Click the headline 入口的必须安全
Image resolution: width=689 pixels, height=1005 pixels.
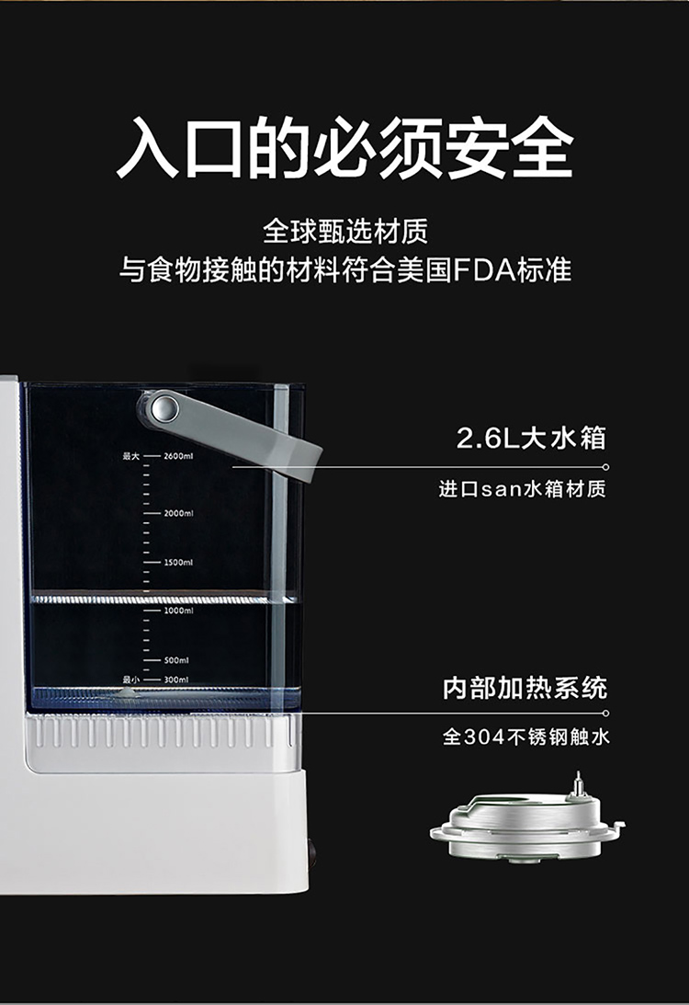pos(344,147)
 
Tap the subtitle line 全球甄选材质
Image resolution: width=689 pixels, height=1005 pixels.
pos(345,232)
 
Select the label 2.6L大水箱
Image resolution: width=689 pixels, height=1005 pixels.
pos(531,439)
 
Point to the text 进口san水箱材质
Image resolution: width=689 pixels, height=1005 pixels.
pos(522,489)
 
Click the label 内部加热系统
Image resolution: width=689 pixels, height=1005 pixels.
pos(525,688)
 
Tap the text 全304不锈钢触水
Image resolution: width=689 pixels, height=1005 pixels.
pos(526,737)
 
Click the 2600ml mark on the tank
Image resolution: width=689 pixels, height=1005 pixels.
pos(178,456)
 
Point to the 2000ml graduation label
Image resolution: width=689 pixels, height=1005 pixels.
pos(178,513)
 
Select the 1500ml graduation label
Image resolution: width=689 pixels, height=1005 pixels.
pos(178,562)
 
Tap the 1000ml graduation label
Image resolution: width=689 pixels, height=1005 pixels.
pos(178,611)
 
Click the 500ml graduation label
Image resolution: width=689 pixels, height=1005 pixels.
pos(176,660)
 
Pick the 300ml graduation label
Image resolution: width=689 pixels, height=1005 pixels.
pos(176,680)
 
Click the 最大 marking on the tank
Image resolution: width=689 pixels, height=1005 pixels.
pos(131,456)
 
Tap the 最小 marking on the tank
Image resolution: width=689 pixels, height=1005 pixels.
pos(131,680)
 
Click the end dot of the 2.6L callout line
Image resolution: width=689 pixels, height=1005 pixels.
pos(605,466)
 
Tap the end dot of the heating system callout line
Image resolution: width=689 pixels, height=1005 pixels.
pos(605,713)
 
